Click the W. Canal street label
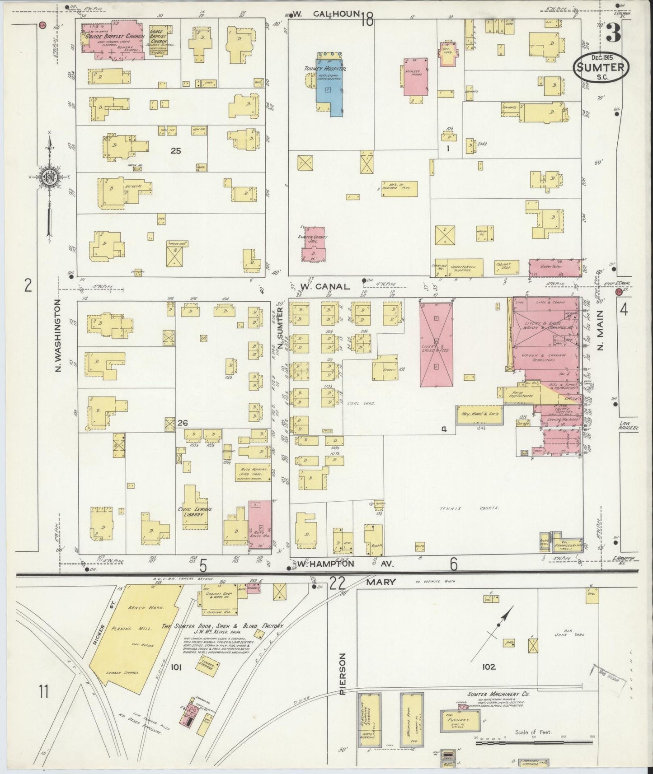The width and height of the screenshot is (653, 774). [x=324, y=286]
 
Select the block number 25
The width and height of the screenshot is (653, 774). [x=175, y=151]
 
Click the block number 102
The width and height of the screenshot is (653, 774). [x=489, y=667]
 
